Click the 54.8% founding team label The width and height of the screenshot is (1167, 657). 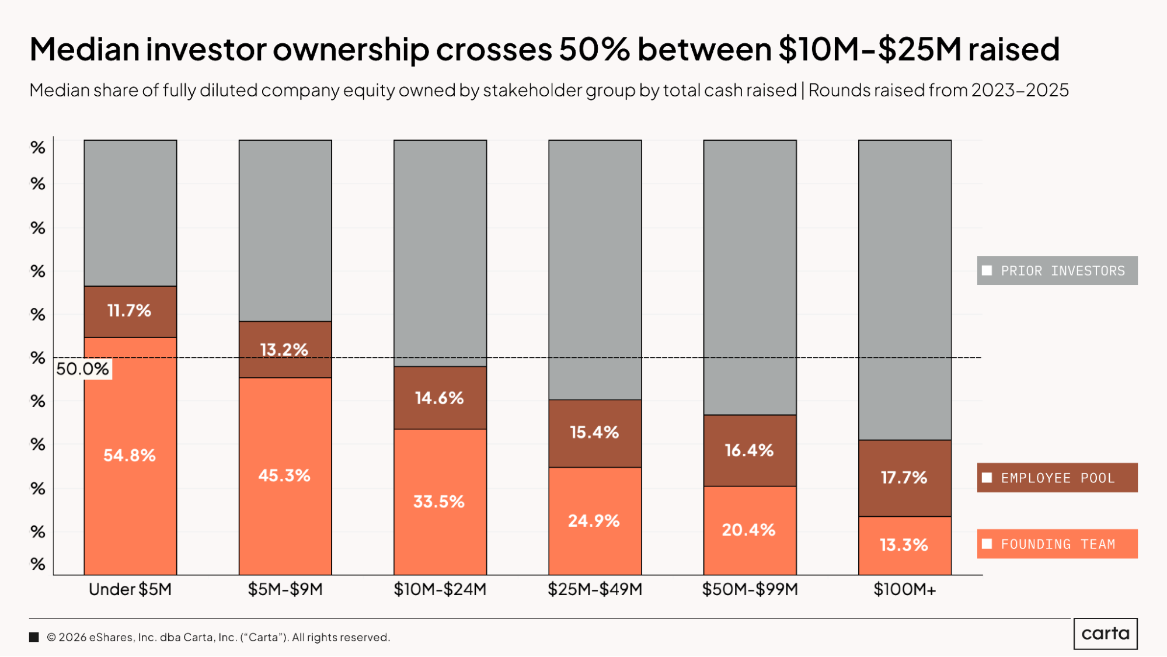tap(130, 456)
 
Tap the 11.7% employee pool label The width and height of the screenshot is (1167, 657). tap(129, 311)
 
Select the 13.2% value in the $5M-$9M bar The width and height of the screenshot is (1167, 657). tap(284, 350)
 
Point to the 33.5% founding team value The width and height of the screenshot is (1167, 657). tap(439, 502)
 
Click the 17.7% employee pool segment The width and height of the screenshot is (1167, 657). tap(904, 478)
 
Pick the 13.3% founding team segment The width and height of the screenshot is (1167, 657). tap(904, 545)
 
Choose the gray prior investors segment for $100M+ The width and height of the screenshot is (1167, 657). tap(904, 289)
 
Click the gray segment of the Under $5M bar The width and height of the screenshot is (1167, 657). tap(130, 213)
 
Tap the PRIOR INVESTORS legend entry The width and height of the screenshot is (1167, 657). tap(1057, 271)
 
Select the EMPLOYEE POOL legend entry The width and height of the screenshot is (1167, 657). tap(1057, 478)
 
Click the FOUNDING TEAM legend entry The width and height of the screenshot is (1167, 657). tap(1057, 544)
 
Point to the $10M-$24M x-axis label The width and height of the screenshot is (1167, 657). tap(440, 589)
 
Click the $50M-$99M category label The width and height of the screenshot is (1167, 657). tap(750, 589)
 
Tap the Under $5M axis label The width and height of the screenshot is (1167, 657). tap(130, 589)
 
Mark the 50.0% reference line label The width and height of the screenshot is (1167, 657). tap(82, 369)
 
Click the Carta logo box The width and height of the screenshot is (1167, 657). tap(1105, 634)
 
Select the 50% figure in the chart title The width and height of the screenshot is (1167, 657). tap(594, 49)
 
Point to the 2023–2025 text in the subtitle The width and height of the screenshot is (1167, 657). tap(1020, 91)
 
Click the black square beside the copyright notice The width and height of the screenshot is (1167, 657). tap(34, 637)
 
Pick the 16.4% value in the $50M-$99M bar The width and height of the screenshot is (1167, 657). tap(749, 450)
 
